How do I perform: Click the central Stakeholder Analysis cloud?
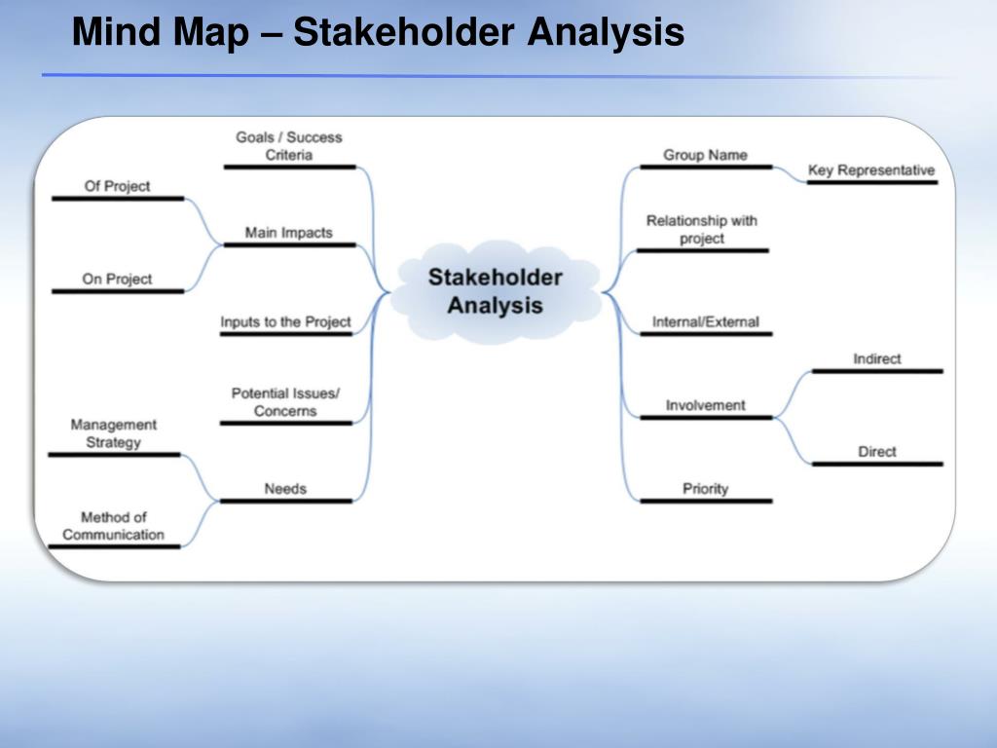click(x=495, y=291)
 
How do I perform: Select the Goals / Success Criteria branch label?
click(x=289, y=146)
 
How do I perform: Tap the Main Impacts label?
click(x=289, y=233)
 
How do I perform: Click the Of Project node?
click(x=118, y=186)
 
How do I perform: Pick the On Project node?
click(x=118, y=279)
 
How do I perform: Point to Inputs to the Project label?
click(x=285, y=321)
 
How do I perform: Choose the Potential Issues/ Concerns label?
click(x=285, y=402)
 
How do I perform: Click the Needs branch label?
click(x=285, y=488)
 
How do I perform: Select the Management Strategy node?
click(x=114, y=433)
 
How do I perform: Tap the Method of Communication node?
click(x=114, y=526)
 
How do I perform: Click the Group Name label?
click(x=705, y=155)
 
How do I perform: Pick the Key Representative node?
click(x=871, y=170)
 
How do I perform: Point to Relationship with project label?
click(x=701, y=230)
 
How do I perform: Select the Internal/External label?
click(x=705, y=321)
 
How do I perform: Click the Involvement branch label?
click(x=705, y=405)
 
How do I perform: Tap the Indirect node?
click(x=877, y=358)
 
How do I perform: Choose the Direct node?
click(x=877, y=451)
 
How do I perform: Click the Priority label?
click(x=705, y=488)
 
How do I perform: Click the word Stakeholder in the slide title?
click(x=403, y=32)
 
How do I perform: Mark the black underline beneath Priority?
click(x=706, y=502)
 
